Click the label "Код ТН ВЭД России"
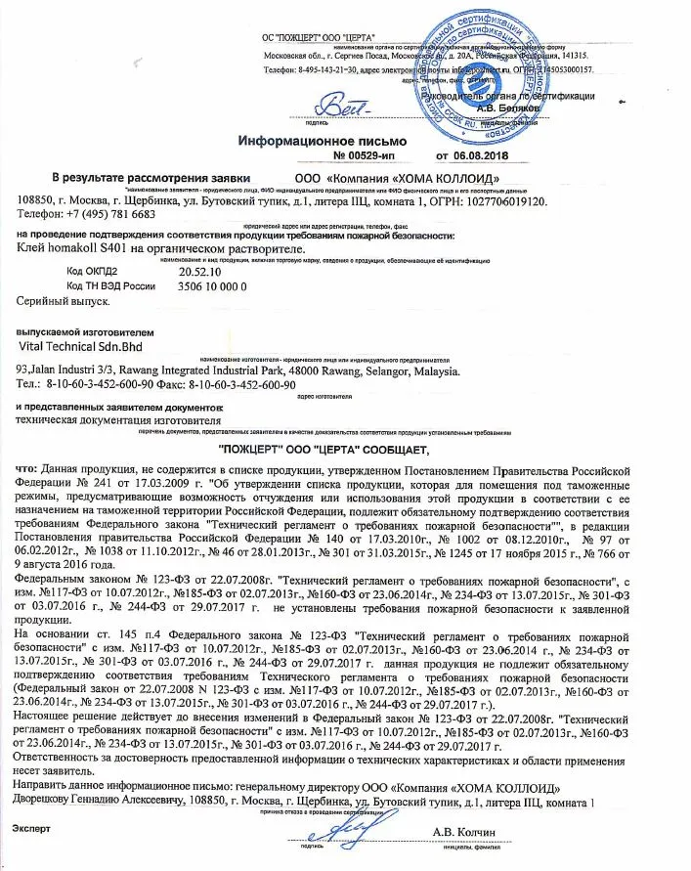click(110, 285)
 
